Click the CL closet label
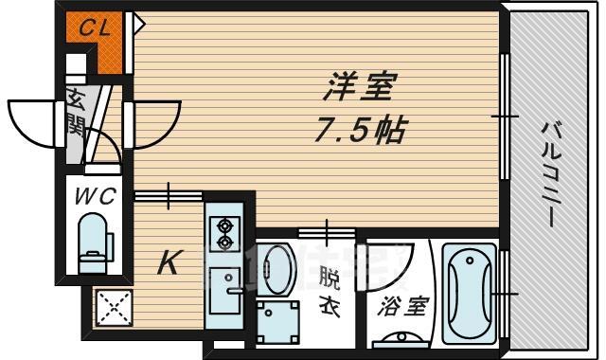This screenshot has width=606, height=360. pos(94,27)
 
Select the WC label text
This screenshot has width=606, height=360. pos(95,197)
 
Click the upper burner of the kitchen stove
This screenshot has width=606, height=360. pos(226,225)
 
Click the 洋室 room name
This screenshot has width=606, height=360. pos(353,92)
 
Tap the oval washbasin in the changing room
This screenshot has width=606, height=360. pos(276,269)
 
